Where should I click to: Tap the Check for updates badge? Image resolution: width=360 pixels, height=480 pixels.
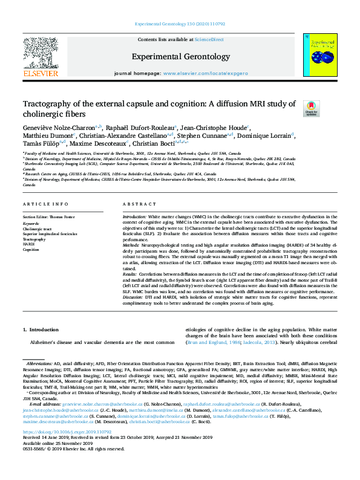point(311,108)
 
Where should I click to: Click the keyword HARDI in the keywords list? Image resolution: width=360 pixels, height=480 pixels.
point(28,244)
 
